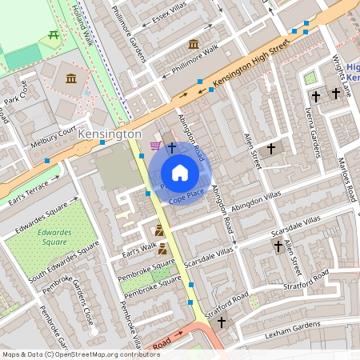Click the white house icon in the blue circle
(x=180, y=172)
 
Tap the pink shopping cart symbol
(x=154, y=146)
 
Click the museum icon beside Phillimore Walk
(x=193, y=44)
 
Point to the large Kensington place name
(x=110, y=134)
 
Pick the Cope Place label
(x=186, y=194)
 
